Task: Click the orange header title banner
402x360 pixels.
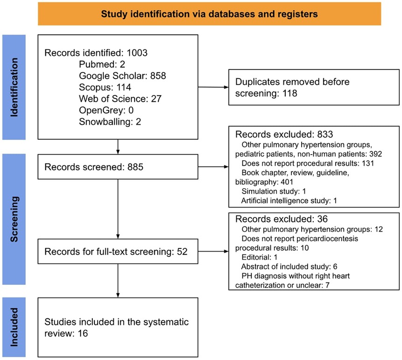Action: pyautogui.click(x=209, y=14)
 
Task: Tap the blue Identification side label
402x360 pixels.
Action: pyautogui.click(x=14, y=87)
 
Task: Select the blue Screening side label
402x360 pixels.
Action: pyautogui.click(x=14, y=219)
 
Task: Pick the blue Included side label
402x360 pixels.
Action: pyautogui.click(x=14, y=327)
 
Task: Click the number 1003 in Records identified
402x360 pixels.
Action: pyautogui.click(x=137, y=53)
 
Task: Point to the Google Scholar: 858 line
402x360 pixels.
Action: pyautogui.click(x=122, y=76)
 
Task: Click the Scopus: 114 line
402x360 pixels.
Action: pyautogui.click(x=105, y=87)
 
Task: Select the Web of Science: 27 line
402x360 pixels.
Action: pyautogui.click(x=120, y=99)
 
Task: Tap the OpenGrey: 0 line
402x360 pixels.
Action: pyautogui.click(x=106, y=110)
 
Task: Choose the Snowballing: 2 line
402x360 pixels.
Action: pyautogui.click(x=110, y=122)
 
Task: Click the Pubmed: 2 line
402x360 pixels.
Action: pyautogui.click(x=102, y=64)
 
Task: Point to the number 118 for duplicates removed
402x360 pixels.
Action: pyautogui.click(x=290, y=93)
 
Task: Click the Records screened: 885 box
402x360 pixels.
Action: pyautogui.click(x=118, y=167)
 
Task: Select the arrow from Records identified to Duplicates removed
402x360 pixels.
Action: pyautogui.click(x=213, y=87)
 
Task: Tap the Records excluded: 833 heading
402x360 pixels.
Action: pyautogui.click(x=284, y=134)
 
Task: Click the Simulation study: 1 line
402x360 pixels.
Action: pyautogui.click(x=274, y=191)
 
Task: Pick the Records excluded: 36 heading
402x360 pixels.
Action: pyautogui.click(x=282, y=219)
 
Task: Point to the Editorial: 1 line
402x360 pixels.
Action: pyautogui.click(x=260, y=257)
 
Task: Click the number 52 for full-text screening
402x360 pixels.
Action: pyautogui.click(x=182, y=252)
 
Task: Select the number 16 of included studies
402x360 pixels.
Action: pyautogui.click(x=83, y=333)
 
